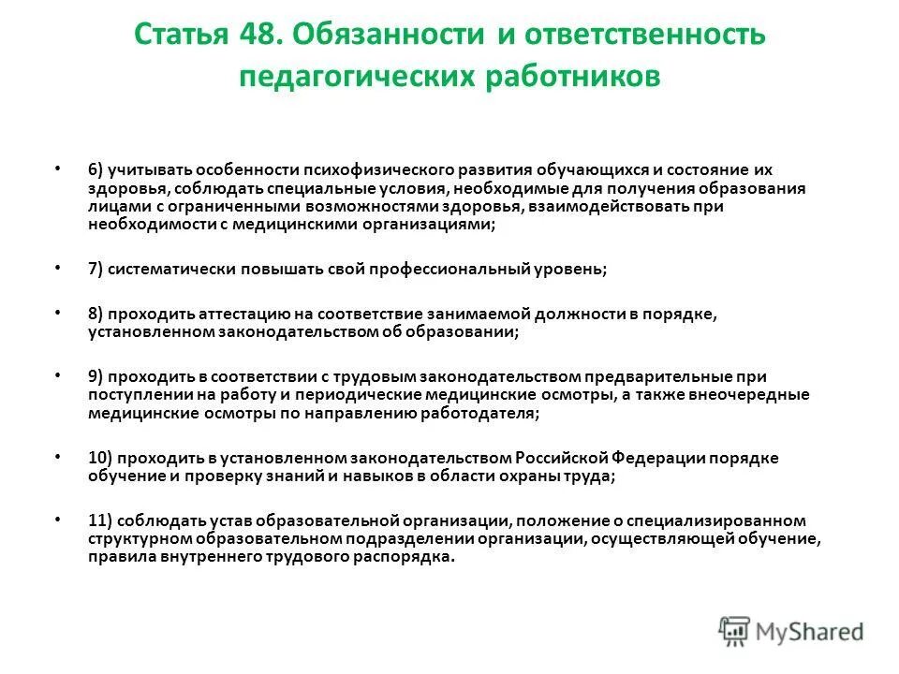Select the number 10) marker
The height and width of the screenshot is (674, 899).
click(102, 459)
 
